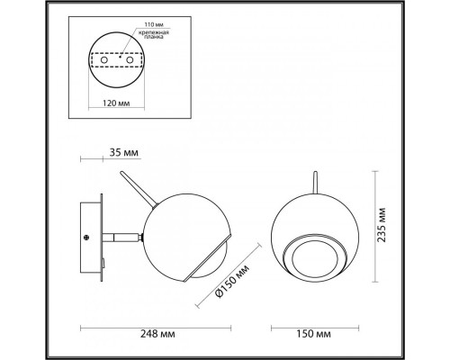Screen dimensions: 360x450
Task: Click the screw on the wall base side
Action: [85, 237]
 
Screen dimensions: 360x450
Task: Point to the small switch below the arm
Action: [106, 261]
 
